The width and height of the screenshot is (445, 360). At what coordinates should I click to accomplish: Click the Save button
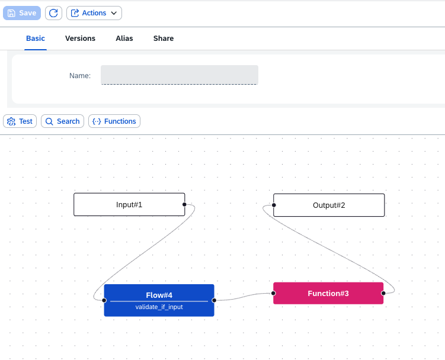22,13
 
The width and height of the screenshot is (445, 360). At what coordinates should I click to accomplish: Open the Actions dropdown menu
94,13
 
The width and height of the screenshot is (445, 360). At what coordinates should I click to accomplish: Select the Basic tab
36,38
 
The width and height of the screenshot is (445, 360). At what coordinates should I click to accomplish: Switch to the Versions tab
81,38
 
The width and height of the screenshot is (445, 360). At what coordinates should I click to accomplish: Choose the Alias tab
124,38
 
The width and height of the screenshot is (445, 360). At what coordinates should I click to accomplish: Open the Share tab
164,38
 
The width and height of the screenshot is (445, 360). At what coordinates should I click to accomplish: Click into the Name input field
180,75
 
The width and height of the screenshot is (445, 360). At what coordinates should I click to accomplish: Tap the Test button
20,121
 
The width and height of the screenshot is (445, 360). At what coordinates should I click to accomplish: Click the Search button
62,121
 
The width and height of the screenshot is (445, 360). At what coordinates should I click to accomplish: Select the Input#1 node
129,204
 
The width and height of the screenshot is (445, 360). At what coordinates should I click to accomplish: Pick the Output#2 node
329,205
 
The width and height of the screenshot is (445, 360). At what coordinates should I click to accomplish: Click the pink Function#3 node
328,293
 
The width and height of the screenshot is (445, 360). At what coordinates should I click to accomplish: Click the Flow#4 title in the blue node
159,295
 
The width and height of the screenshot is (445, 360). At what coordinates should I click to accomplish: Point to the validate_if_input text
159,307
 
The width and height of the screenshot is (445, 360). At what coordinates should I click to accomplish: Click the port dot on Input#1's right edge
184,204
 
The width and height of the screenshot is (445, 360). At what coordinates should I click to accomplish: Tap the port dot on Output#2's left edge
274,205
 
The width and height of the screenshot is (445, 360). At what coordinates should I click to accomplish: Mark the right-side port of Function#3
383,293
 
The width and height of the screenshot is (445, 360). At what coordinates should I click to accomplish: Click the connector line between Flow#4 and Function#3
244,297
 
